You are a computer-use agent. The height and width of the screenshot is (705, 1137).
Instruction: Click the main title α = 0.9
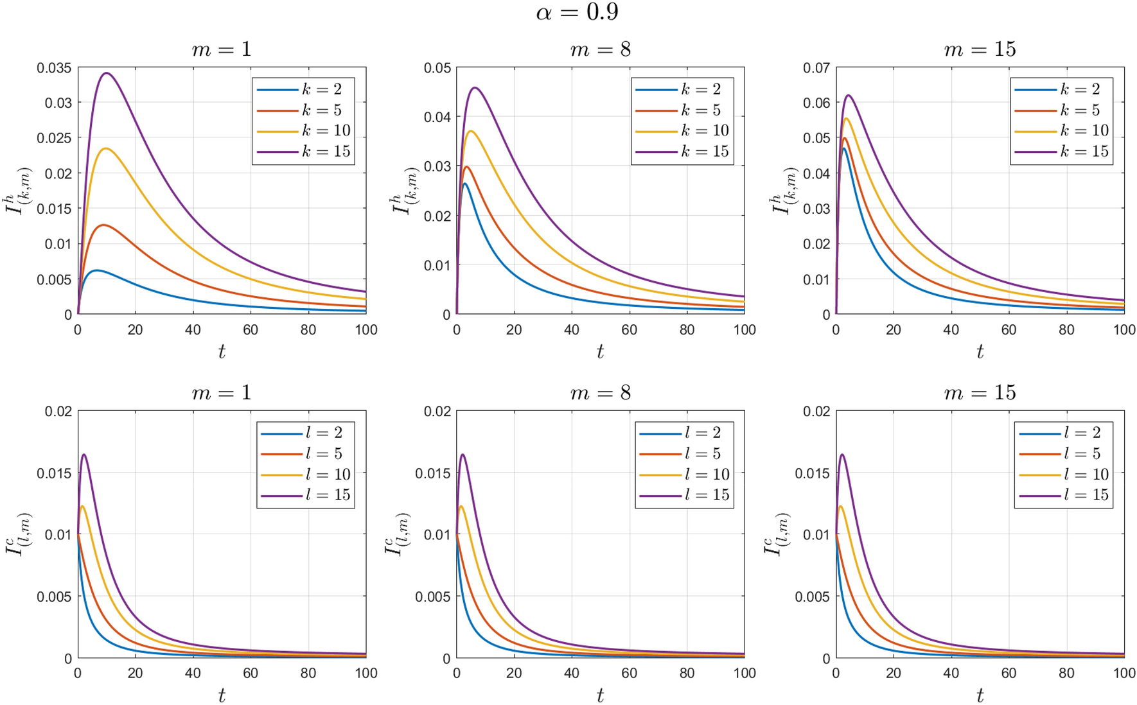576,12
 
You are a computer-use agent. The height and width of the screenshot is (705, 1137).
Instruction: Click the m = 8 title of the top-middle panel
600,49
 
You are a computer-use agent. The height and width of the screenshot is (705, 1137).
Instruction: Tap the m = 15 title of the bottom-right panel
980,392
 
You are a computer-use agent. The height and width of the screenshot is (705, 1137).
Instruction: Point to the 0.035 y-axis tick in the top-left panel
54,67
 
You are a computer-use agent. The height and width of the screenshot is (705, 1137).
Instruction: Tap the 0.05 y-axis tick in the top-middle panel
437,67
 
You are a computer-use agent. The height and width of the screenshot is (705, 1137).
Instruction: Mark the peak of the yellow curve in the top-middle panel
472,131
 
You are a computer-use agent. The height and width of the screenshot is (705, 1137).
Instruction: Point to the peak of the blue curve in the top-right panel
843,148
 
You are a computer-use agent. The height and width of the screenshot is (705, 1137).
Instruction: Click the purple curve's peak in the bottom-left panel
84,455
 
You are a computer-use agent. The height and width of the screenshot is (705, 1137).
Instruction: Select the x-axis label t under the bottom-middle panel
600,695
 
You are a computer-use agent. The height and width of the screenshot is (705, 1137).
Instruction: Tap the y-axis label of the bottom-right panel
777,534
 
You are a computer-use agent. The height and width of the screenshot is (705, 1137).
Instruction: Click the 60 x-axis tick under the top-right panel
1009,330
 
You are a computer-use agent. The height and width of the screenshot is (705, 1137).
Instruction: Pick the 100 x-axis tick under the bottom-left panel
366,673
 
